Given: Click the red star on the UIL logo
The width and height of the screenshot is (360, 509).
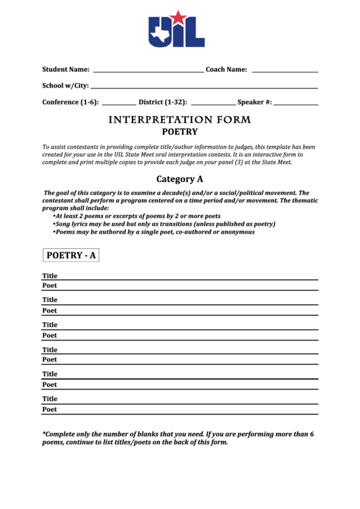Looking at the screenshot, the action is click(x=177, y=17).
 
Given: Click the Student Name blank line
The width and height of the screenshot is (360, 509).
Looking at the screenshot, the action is click(x=147, y=71).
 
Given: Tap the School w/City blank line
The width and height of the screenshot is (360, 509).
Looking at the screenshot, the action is click(x=204, y=88).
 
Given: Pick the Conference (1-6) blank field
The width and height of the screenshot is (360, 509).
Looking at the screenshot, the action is click(x=118, y=104).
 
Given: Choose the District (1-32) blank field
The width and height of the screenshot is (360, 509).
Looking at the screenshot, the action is click(x=213, y=104).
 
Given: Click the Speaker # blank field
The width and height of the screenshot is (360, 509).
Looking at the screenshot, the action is click(x=296, y=104).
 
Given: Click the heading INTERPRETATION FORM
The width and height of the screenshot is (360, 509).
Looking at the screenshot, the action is click(x=180, y=120).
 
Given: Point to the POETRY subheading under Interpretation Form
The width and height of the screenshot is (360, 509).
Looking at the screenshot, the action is click(x=180, y=132).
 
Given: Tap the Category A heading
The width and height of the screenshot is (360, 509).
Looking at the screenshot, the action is click(x=180, y=179).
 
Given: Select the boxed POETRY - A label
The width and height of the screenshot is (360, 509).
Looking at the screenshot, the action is click(x=71, y=256).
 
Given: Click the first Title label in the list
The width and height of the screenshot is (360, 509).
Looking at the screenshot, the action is click(x=50, y=276).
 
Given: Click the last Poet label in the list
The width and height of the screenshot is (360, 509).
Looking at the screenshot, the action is click(x=50, y=410).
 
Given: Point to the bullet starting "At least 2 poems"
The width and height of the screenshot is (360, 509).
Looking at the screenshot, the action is click(x=137, y=215).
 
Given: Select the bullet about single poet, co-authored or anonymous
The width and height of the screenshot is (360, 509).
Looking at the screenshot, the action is click(x=154, y=232).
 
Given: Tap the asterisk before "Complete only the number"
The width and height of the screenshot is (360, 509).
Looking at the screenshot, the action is click(x=44, y=433).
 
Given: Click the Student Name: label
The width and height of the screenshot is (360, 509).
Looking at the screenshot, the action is click(x=66, y=69).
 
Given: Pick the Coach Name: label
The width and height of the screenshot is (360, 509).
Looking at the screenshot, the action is click(x=226, y=69).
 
